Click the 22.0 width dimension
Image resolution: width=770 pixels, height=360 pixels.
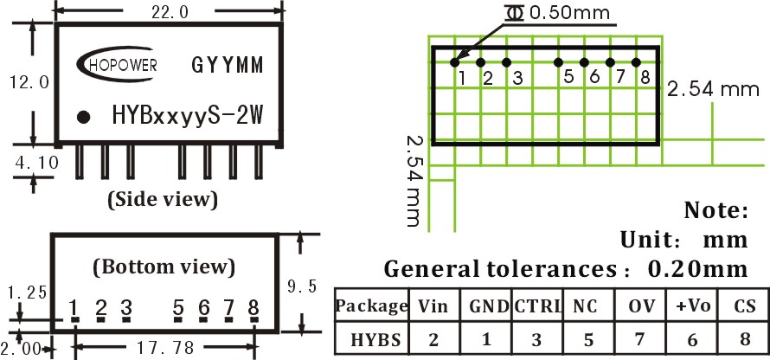coord(170,13)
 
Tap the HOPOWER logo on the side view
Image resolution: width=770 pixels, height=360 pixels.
coord(118,64)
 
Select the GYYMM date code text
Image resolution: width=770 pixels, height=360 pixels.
coord(228,65)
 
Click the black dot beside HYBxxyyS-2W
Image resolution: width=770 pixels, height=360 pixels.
coord(84,117)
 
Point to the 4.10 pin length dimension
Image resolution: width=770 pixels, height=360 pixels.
coord(36,162)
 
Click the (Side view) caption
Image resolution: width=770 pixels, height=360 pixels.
coord(163,199)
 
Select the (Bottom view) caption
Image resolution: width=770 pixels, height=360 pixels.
coord(164,267)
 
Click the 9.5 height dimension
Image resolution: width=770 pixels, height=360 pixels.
coord(302,286)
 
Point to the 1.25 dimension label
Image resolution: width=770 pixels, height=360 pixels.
coord(28,293)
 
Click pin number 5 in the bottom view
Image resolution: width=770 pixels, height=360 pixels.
coord(178,308)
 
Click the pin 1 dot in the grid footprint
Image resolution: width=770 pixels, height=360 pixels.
coord(455,62)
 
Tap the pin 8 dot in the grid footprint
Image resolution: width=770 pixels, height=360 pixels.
coord(636,62)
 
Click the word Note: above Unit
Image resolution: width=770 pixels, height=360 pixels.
coord(716,210)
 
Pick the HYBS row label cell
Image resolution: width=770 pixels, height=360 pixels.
coord(372,340)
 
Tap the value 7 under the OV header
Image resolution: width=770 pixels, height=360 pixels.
coord(640,340)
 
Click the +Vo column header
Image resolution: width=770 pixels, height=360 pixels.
coord(693,306)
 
